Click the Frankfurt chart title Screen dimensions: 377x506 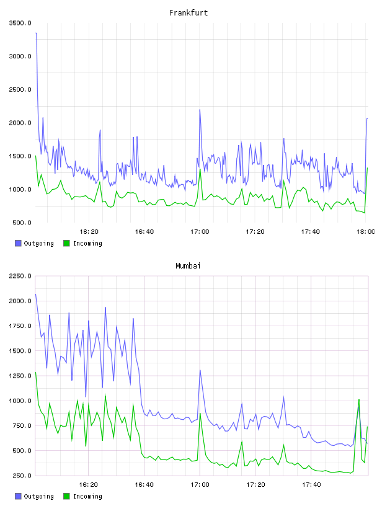click(188, 13)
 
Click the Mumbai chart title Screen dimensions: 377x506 click(188, 266)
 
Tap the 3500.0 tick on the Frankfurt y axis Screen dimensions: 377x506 click(20, 23)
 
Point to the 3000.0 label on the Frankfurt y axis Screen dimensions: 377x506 click(20, 56)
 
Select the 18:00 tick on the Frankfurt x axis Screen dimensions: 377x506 click(366, 231)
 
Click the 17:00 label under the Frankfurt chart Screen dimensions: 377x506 click(200, 231)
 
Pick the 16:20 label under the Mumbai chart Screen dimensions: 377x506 click(89, 484)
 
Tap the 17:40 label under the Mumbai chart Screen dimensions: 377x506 click(311, 484)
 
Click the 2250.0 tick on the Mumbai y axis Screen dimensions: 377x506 click(20, 276)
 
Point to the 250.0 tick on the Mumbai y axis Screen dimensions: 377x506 click(22, 476)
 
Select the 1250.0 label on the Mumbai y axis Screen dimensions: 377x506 click(20, 376)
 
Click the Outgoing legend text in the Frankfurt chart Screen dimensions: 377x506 click(38, 243)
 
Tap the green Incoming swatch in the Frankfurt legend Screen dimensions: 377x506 click(66, 243)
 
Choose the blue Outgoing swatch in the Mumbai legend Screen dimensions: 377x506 click(18, 496)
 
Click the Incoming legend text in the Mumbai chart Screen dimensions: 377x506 click(87, 496)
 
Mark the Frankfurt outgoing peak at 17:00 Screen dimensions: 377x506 click(200, 110)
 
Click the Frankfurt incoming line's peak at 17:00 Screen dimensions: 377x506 click(200, 169)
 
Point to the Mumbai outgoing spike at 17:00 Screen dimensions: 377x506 click(200, 370)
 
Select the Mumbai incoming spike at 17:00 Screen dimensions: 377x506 click(200, 414)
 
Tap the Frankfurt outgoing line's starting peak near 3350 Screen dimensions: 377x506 click(36, 33)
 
